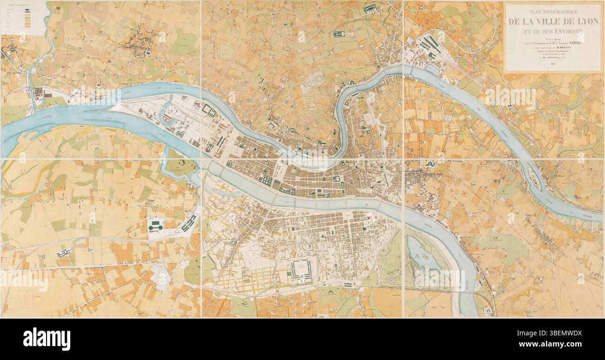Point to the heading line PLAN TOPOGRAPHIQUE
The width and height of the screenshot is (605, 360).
pos(553,12)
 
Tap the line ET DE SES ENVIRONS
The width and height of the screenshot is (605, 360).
pos(553,32)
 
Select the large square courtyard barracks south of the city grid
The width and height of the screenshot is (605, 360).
pos(302,271)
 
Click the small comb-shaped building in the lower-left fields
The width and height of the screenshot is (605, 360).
pos(63,253)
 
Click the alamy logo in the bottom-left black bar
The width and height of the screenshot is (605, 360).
pos(47,339)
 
